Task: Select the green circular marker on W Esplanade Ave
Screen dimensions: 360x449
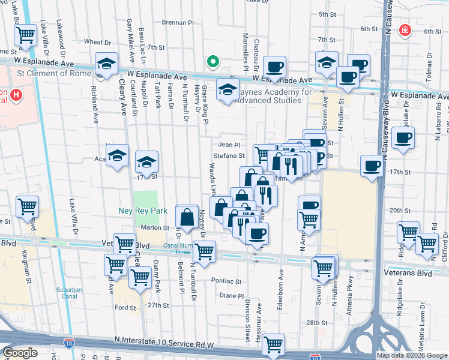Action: (x=212, y=61)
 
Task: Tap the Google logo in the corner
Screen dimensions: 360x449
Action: (x=20, y=353)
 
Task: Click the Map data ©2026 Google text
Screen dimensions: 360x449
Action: (x=412, y=355)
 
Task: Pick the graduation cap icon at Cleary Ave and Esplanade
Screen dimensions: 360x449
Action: (x=106, y=64)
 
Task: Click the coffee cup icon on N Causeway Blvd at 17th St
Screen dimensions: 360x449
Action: (x=372, y=165)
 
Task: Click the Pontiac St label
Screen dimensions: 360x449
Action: (x=226, y=281)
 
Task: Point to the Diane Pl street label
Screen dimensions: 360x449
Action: (x=231, y=296)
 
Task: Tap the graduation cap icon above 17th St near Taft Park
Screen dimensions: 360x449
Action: (x=146, y=161)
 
